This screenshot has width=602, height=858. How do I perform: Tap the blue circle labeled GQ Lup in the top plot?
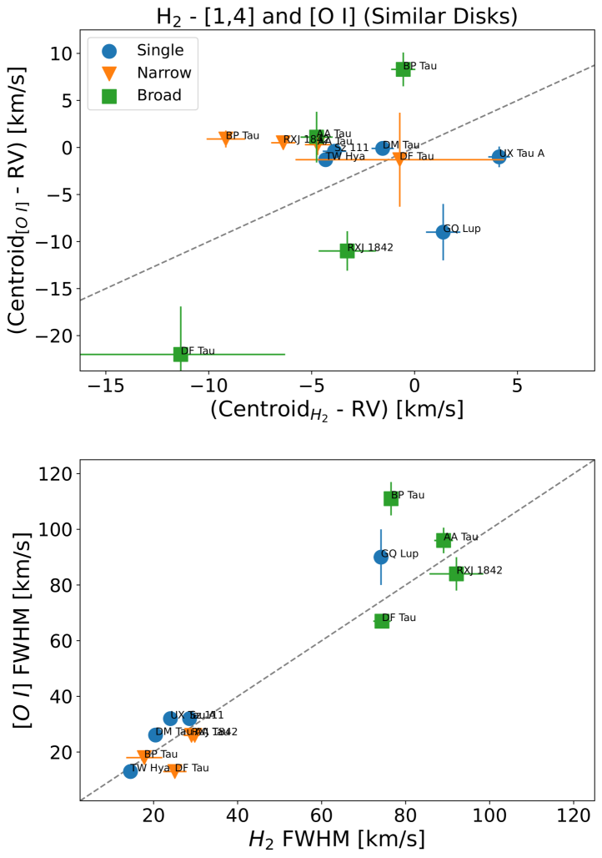tap(443, 231)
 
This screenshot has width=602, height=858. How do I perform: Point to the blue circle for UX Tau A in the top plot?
tap(499, 155)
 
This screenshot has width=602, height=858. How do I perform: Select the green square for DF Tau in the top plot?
tap(181, 354)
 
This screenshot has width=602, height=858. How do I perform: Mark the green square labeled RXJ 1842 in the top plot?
tap(347, 250)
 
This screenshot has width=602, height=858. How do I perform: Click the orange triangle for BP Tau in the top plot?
tap(225, 139)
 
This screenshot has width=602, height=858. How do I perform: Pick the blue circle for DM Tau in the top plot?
tap(383, 148)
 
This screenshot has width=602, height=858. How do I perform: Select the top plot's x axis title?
tap(337, 411)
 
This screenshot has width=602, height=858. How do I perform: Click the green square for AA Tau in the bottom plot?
tap(444, 540)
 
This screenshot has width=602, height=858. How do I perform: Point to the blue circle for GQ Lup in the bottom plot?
tap(381, 557)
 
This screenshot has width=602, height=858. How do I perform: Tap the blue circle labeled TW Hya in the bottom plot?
tap(130, 771)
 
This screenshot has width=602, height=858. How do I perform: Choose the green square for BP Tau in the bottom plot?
tap(391, 498)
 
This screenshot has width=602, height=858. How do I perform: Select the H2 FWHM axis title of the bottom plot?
tap(337, 838)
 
